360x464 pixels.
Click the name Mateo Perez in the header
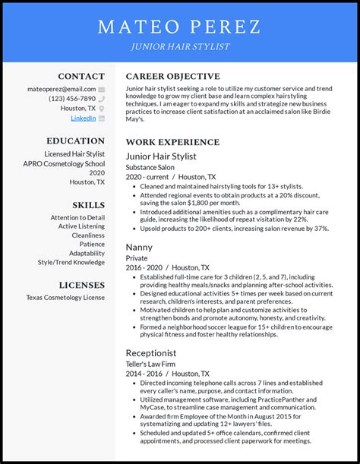point(180,28)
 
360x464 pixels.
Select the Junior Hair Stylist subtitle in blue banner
point(180,47)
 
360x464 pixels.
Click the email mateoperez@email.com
point(63,89)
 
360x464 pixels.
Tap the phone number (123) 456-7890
point(72,99)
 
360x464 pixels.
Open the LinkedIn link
point(84,118)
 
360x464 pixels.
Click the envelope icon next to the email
point(101,89)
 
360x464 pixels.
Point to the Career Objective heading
point(172,76)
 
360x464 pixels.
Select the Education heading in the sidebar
point(75,140)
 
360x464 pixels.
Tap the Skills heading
point(88,205)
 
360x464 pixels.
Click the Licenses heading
point(81,285)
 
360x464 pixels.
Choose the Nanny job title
point(140,247)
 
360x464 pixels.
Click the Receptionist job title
point(151,353)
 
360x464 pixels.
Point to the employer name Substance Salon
point(150,167)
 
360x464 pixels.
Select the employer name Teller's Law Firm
point(151,364)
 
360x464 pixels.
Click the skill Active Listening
point(81,226)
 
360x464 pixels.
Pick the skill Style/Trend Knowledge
point(71,262)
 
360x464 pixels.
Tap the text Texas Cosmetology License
point(65,297)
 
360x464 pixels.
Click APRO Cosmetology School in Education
point(64,163)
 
